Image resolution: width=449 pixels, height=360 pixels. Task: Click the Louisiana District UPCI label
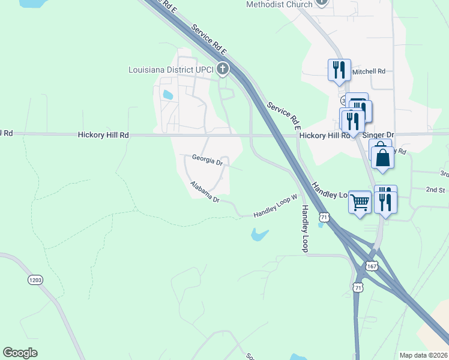[172, 70]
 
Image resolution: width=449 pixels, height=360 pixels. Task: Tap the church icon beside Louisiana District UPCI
[223, 69]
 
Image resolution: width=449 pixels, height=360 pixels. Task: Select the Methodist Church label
[279, 4]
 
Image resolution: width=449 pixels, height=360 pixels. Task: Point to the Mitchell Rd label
[369, 71]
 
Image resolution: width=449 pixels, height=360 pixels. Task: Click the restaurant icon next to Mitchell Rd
[339, 70]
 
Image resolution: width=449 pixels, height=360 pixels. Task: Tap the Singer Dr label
[378, 136]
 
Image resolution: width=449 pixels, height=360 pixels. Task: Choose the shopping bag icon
[382, 158]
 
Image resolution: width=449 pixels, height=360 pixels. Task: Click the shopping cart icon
[360, 202]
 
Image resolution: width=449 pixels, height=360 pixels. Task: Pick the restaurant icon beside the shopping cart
[385, 201]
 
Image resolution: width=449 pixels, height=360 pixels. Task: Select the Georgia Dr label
[207, 160]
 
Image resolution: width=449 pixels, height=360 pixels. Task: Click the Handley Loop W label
[275, 206]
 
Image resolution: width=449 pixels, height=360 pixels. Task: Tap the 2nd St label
[435, 190]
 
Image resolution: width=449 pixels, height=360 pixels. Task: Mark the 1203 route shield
[36, 280]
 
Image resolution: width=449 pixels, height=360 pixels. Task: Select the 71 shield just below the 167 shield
[358, 288]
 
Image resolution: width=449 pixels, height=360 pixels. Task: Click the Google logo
[20, 353]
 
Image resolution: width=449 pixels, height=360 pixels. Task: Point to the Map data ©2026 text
[423, 355]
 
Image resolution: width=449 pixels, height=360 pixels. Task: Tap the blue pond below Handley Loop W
[259, 235]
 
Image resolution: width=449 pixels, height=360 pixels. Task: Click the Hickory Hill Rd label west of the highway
[103, 136]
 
